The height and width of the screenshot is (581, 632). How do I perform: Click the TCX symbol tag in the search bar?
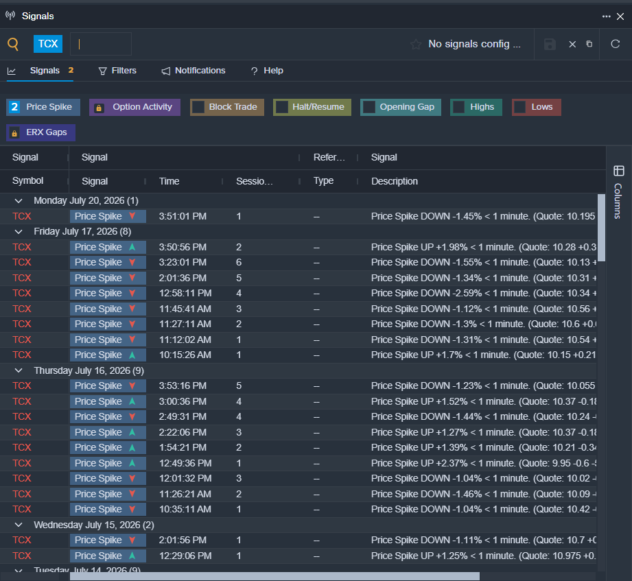point(48,43)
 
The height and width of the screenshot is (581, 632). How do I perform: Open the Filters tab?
point(117,71)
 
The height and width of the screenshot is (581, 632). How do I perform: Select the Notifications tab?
point(194,71)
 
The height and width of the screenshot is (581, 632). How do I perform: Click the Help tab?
point(267,71)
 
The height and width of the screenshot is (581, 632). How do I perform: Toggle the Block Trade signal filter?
point(227,107)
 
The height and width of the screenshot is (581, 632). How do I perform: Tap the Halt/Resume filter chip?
point(312,107)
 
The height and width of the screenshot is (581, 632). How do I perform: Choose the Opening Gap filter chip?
point(400,107)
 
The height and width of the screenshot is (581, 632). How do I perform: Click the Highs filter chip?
point(476,107)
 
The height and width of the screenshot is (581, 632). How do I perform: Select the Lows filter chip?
point(537,107)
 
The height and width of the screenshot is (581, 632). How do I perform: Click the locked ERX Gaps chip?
point(40,132)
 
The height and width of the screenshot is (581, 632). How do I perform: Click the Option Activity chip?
point(134,107)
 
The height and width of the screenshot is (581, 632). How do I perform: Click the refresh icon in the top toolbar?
point(615,44)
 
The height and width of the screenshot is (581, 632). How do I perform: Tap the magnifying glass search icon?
point(13,44)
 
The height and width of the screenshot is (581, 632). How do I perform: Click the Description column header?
point(394,181)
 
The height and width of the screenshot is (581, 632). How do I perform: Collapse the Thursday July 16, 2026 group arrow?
point(19,370)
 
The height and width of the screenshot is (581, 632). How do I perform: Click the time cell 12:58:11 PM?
point(185,294)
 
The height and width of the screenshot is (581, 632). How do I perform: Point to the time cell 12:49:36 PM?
point(185,463)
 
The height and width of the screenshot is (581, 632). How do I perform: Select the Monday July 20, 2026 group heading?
point(86,201)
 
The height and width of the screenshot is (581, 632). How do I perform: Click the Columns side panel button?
point(618,192)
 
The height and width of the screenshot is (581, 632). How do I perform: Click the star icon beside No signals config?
point(416,44)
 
